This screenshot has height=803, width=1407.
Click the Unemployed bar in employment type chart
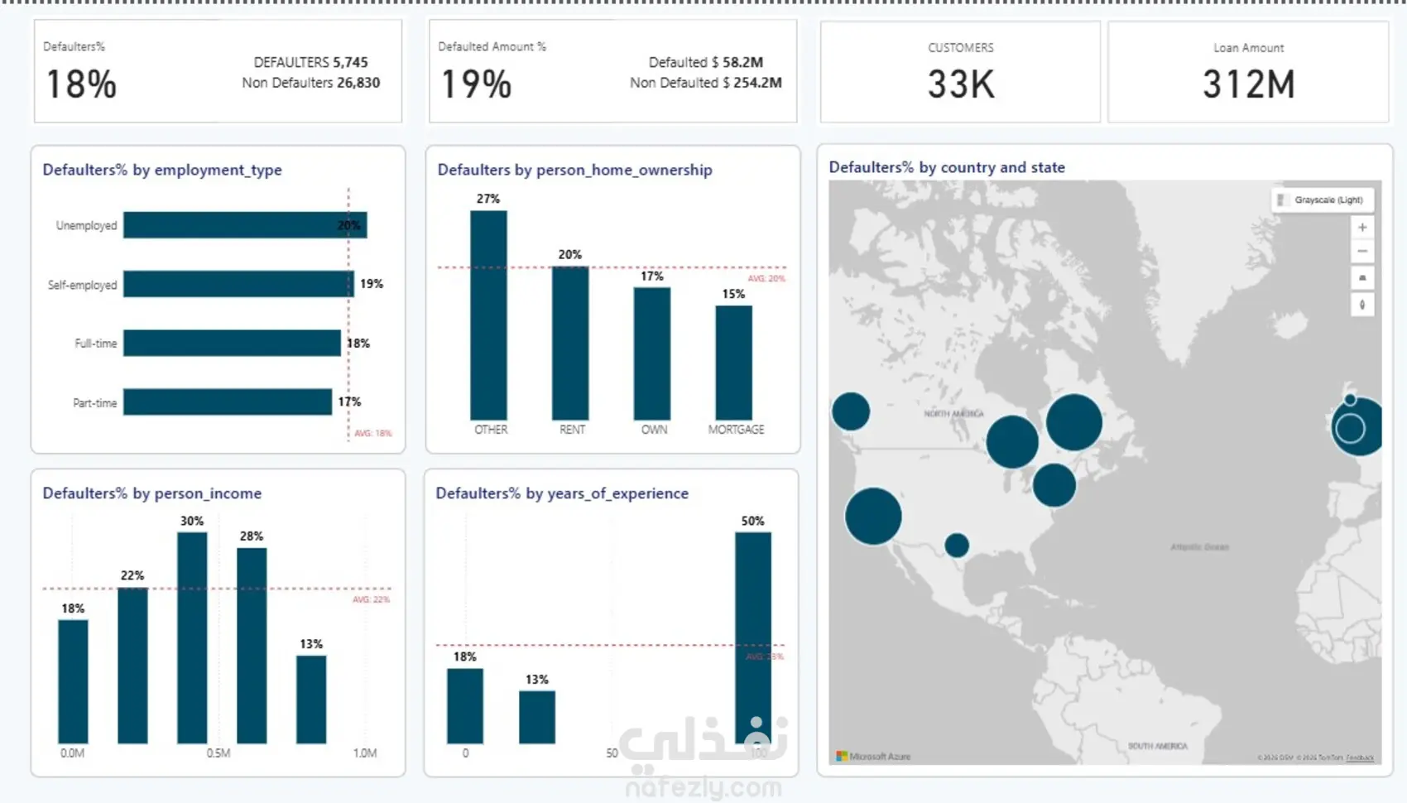click(x=244, y=225)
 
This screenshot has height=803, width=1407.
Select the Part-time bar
click(x=228, y=402)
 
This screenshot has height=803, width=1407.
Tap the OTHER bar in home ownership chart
click(x=488, y=315)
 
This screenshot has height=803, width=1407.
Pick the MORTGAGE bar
click(x=734, y=363)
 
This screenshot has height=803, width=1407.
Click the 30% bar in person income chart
click(x=192, y=637)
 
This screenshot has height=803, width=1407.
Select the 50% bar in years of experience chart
click(x=753, y=637)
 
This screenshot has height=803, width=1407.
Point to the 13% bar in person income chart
click(x=311, y=700)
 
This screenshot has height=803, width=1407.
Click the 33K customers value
click(x=960, y=84)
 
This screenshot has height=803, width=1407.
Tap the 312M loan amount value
click(x=1248, y=84)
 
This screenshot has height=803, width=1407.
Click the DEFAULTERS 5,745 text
click(x=310, y=62)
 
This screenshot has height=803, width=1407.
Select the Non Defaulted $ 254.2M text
click(x=705, y=83)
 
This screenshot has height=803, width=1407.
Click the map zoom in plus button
click(x=1362, y=227)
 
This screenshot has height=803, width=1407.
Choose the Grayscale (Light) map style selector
click(x=1323, y=200)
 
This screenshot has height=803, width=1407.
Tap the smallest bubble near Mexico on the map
click(x=957, y=545)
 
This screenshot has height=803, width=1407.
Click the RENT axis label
click(x=572, y=430)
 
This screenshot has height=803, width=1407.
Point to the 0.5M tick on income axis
click(x=218, y=753)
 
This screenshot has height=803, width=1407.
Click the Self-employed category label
click(x=82, y=285)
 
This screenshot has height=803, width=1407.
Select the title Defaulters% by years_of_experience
click(x=562, y=493)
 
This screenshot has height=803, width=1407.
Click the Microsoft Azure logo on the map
click(x=873, y=757)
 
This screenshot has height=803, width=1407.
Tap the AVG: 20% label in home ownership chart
click(x=766, y=279)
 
